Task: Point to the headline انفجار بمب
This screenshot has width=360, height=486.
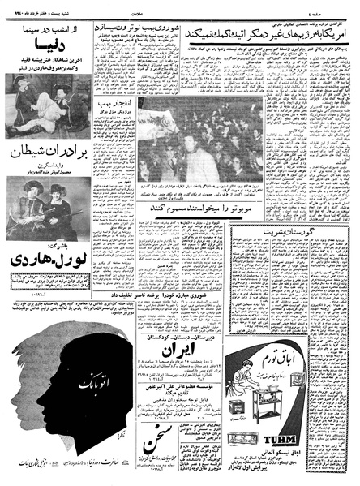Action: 116,105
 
